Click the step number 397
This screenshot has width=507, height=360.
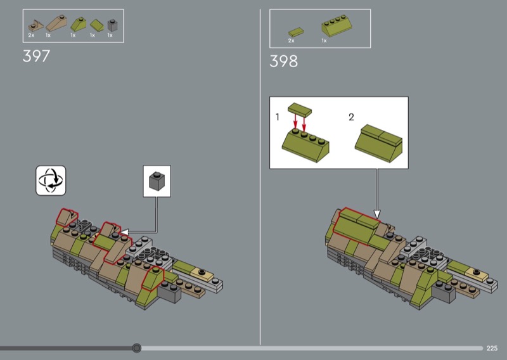pos(36,56)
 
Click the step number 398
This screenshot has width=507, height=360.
pos(283,61)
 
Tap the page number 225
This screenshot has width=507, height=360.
pos(492,348)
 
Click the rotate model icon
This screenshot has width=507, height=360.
pos(51,181)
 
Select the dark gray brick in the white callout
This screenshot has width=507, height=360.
pos(157,181)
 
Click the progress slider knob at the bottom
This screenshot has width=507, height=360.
pos(136,348)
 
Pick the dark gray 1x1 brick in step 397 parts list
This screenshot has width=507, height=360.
pos(113,25)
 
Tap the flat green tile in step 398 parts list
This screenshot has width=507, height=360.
pos(296,32)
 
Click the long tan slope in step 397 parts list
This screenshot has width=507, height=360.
pos(56,23)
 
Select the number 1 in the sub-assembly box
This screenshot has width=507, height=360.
pos(278,117)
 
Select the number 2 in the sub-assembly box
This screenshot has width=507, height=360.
pos(352,117)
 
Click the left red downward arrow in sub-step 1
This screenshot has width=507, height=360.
pos(295,122)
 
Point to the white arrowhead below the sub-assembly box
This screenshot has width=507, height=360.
pos(377,214)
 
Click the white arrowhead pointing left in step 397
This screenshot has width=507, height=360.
pos(124,232)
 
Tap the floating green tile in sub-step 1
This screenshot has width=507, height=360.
pos(300,110)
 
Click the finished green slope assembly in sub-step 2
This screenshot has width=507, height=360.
pos(378,143)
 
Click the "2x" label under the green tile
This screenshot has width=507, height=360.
pos(292,41)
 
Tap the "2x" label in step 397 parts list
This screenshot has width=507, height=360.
pos(31,35)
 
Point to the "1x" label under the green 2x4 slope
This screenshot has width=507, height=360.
pos(324,41)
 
